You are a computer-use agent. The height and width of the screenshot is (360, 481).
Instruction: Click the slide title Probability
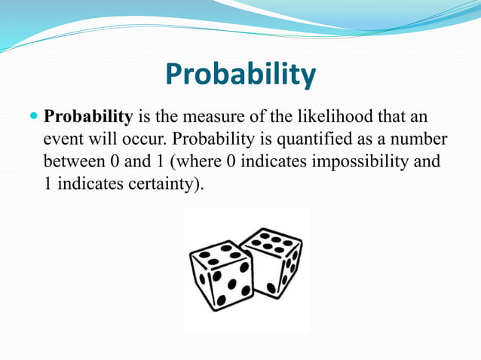240,75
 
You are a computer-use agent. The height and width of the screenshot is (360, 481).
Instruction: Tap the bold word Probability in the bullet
89,118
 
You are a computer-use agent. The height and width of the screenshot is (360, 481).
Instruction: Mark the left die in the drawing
220,276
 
